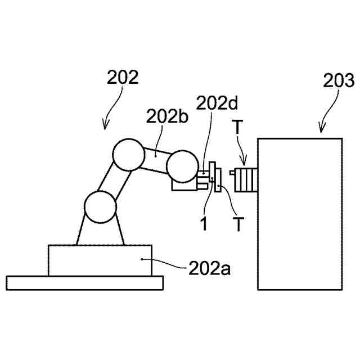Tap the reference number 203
pyautogui.click(x=339, y=81)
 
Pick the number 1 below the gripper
pyautogui.click(x=204, y=223)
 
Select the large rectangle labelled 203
pyautogui.click(x=299, y=214)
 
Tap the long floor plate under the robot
pyautogui.click(x=84, y=282)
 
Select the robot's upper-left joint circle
pyautogui.click(x=128, y=154)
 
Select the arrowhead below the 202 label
pyautogui.click(x=105, y=127)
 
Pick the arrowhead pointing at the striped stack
pyautogui.click(x=243, y=163)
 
